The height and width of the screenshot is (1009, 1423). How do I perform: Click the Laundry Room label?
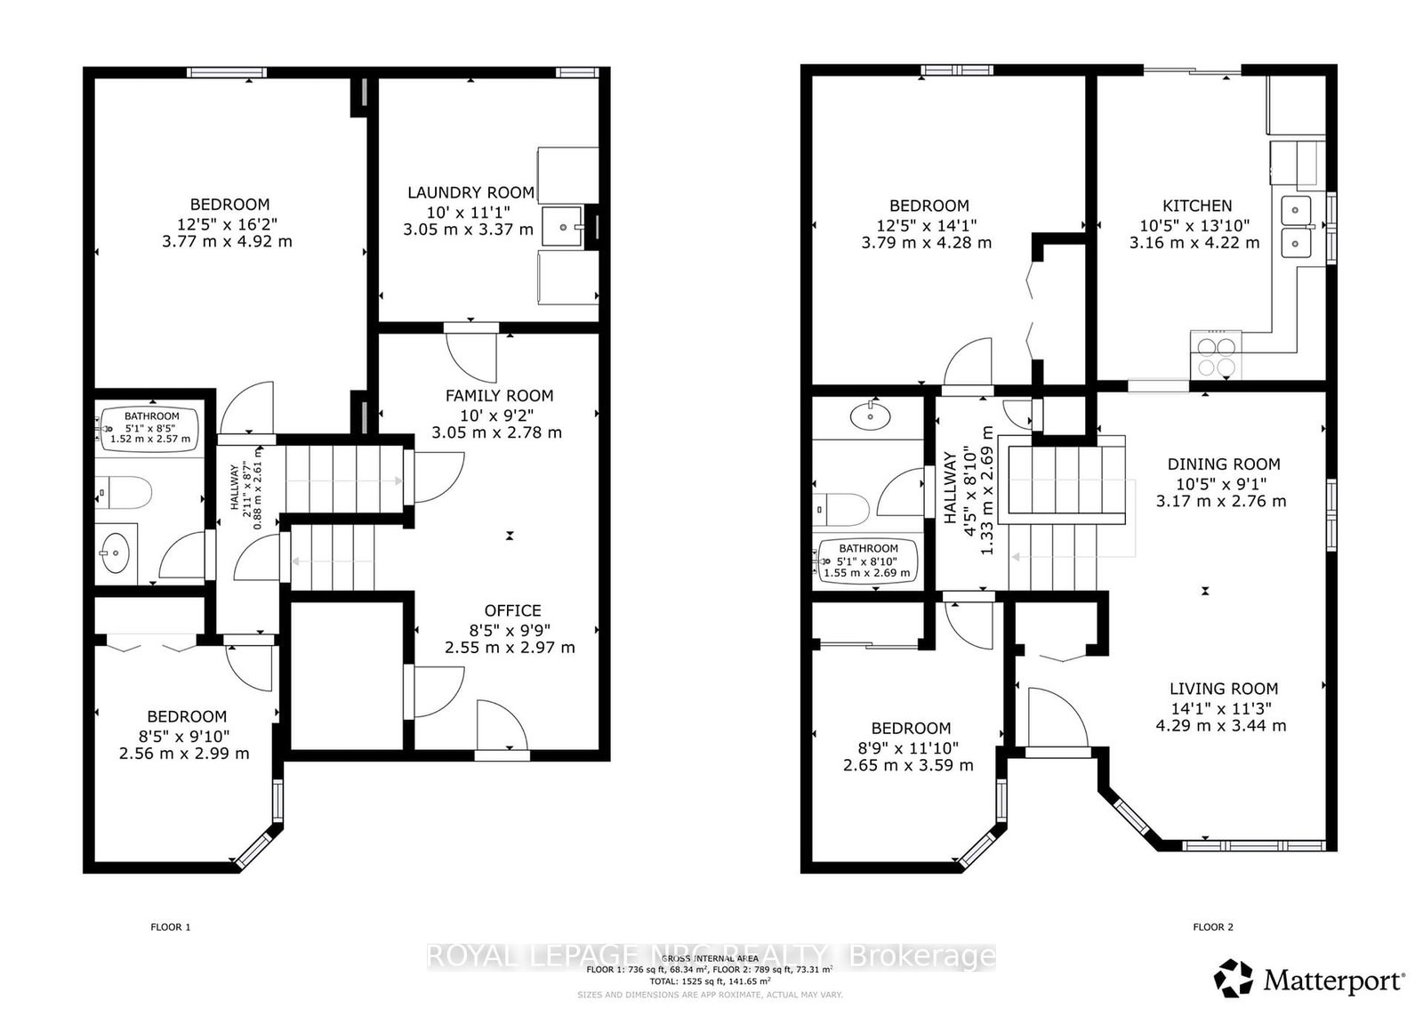[470, 192]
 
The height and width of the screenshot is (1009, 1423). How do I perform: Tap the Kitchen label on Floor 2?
[1197, 206]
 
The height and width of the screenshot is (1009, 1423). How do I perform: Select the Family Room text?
[499, 396]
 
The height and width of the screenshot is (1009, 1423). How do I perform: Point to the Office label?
[512, 610]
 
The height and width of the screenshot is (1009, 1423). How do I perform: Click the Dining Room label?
[1223, 464]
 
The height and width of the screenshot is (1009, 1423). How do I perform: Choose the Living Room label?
[1223, 689]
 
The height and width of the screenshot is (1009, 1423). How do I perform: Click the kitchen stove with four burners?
[1215, 354]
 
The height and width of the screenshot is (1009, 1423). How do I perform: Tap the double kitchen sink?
[1297, 227]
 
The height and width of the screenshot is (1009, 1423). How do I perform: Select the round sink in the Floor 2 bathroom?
[866, 415]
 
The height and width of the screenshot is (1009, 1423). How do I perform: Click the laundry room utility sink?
[563, 227]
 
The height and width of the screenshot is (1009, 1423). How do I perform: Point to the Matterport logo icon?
[1234, 979]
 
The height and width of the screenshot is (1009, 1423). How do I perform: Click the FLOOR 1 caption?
[170, 927]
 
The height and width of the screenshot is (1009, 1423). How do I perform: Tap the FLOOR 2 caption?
[1212, 927]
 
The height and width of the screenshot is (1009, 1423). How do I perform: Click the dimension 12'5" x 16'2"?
[229, 222]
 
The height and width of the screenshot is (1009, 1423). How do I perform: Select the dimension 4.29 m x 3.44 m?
[1220, 725]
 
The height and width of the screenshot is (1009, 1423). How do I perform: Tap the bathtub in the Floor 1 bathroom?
[151, 428]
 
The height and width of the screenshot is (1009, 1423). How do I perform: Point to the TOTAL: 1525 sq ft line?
[711, 981]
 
